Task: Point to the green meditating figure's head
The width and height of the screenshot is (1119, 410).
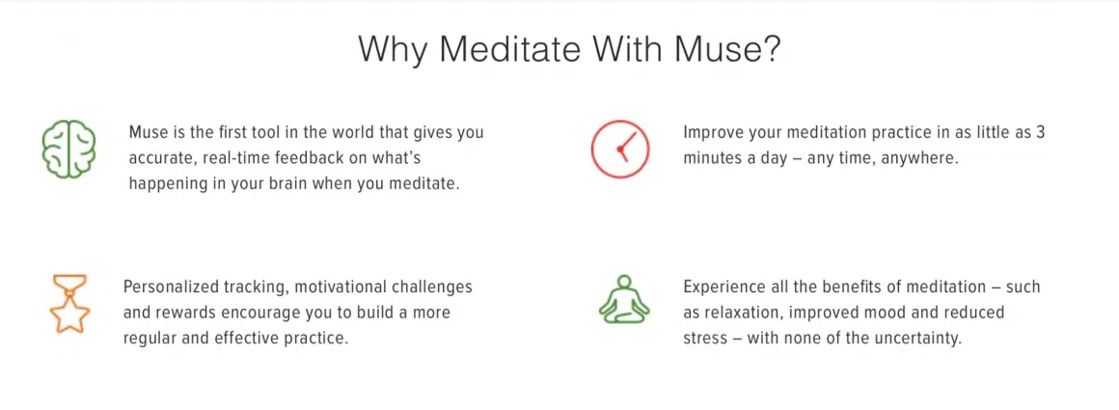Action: (624, 282)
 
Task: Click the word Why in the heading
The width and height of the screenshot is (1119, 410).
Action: (394, 50)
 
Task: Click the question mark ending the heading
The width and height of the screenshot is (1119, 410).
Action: (770, 49)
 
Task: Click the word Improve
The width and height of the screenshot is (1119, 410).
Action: (708, 133)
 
